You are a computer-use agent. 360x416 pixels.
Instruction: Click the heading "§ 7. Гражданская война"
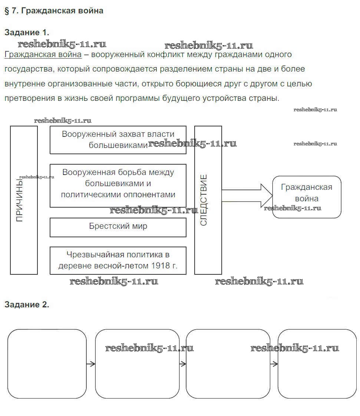pyautogui.click(x=54, y=11)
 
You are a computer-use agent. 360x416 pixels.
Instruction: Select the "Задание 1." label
pyautogui.click(x=27, y=32)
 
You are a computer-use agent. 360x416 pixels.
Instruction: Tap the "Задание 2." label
pyautogui.click(x=27, y=305)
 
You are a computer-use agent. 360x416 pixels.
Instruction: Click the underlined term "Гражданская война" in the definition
pyautogui.click(x=43, y=55)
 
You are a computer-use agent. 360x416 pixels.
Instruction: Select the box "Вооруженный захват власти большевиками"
pyautogui.click(x=118, y=139)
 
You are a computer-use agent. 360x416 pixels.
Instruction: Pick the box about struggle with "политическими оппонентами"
pyautogui.click(x=118, y=185)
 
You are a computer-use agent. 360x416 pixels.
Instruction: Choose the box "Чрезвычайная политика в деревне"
pyautogui.click(x=118, y=260)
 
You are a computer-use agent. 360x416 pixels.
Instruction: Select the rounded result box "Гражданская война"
pyautogui.click(x=307, y=197)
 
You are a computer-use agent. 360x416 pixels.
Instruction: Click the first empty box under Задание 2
pyautogui.click(x=47, y=363)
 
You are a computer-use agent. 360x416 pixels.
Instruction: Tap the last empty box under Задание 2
pyautogui.click(x=317, y=363)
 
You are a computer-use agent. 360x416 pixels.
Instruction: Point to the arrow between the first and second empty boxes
pyautogui.click(x=91, y=364)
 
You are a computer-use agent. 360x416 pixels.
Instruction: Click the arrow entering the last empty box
pyautogui.click(x=274, y=364)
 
